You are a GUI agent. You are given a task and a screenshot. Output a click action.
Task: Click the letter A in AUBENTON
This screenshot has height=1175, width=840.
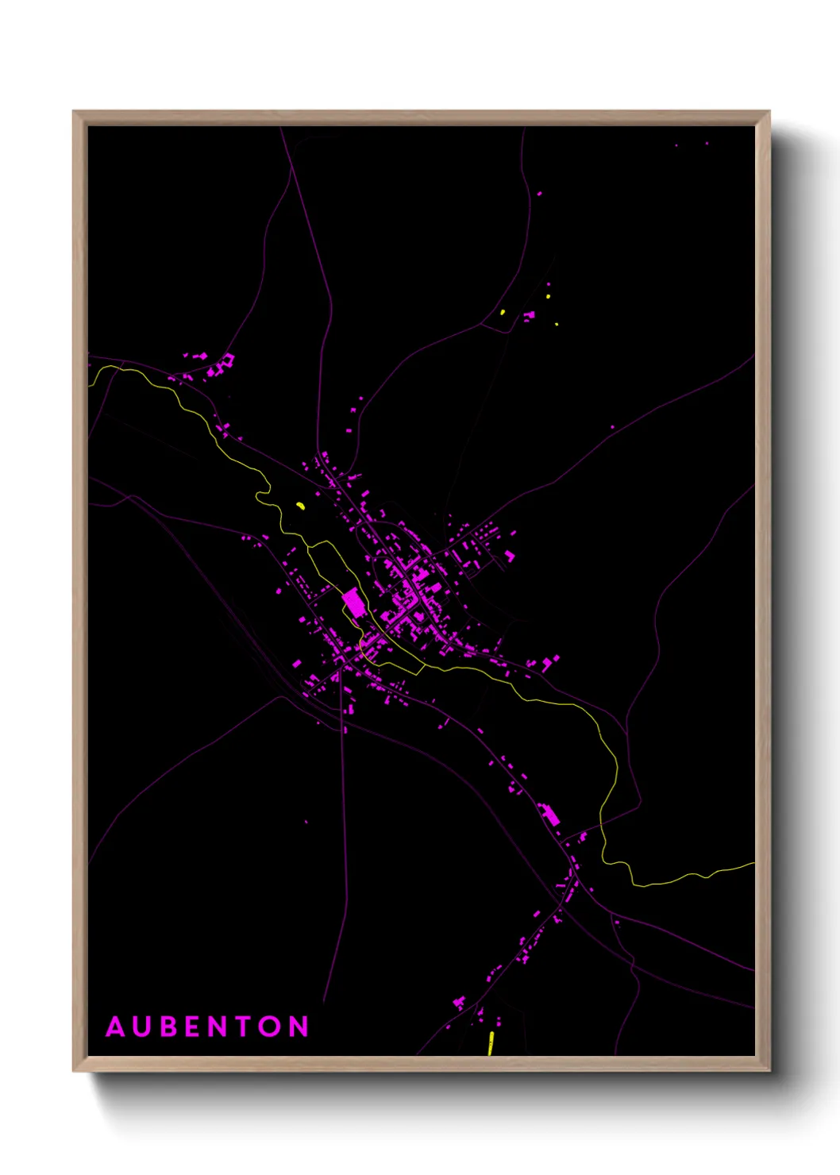pos(116,1027)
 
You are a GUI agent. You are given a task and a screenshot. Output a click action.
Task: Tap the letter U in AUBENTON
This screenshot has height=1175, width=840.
pos(144,1027)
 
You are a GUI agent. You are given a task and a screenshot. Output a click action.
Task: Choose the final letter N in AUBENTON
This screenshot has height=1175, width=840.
pos(299,1027)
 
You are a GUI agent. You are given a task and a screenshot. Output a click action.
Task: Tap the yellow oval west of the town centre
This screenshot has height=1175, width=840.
pos(300,505)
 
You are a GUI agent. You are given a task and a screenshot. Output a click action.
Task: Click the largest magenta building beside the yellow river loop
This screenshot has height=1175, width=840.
pos(354,602)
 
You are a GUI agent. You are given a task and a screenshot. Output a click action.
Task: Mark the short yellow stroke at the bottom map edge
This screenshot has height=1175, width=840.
pos(491,1043)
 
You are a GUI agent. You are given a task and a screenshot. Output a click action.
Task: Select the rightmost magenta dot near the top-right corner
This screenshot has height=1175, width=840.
pos(707,144)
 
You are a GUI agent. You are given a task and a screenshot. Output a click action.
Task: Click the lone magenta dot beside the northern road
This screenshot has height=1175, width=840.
pos(540,193)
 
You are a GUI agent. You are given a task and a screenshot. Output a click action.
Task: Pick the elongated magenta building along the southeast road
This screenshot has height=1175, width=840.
pos(549,815)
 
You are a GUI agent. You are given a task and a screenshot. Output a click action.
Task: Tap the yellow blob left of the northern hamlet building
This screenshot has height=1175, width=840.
pos(503,312)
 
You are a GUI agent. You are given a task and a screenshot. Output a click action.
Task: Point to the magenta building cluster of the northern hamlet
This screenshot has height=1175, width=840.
pos(529,316)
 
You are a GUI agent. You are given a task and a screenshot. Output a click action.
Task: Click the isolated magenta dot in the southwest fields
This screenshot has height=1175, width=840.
pos(306,822)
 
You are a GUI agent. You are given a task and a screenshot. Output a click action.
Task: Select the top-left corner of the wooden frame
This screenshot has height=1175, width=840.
pos(74,112)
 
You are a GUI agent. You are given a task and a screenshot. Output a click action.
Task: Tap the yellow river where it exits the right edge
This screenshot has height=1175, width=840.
pos(751,865)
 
